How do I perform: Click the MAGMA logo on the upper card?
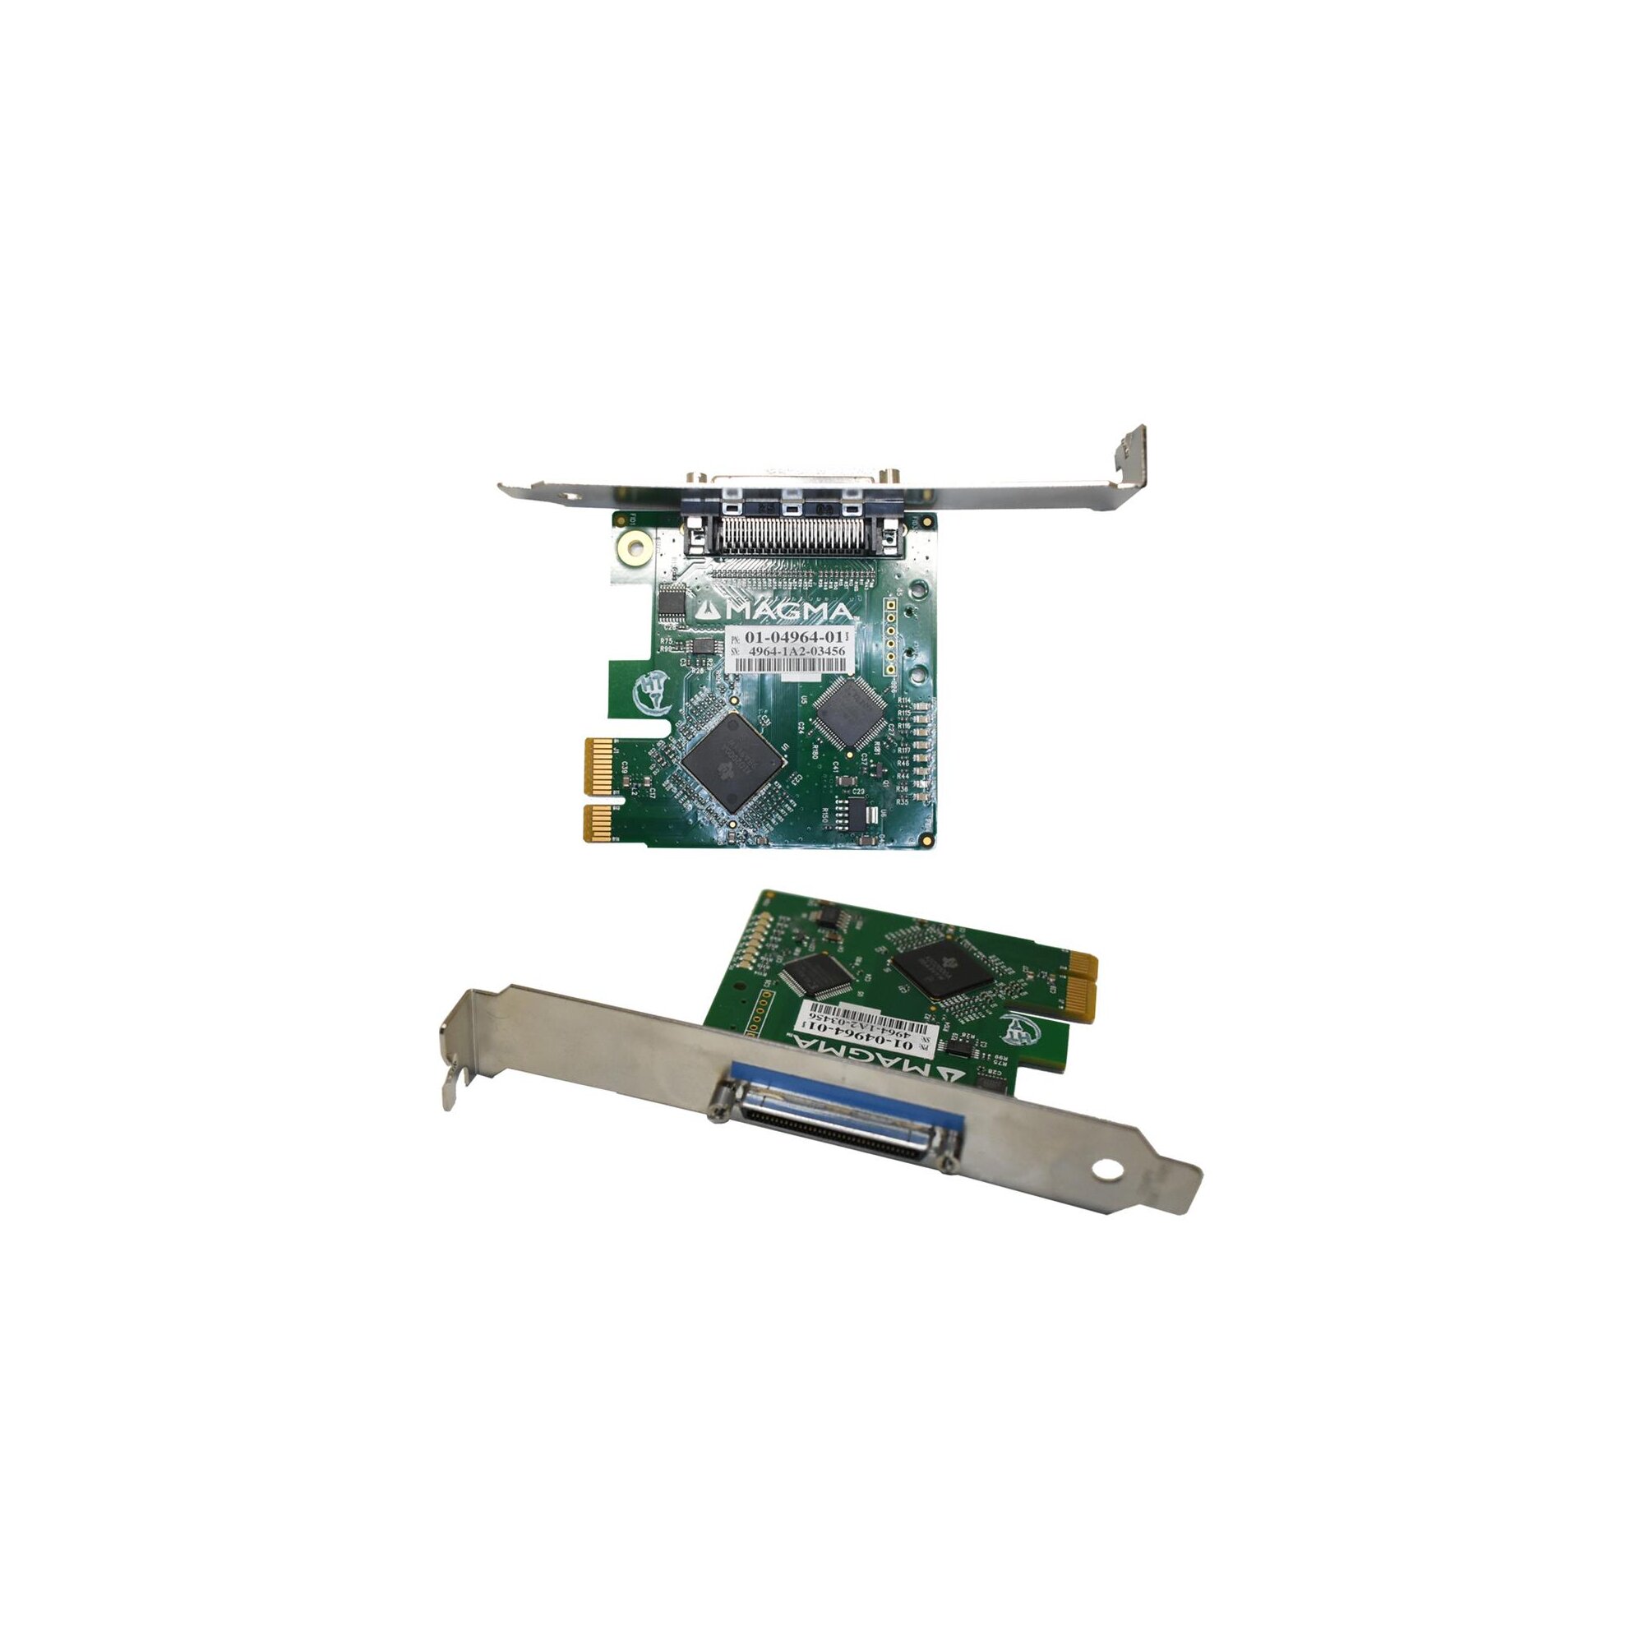(773, 611)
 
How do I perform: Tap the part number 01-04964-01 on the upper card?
(793, 636)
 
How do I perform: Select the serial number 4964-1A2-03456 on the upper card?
(796, 651)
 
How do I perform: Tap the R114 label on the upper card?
(903, 700)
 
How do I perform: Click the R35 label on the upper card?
(902, 801)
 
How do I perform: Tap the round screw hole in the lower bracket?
(1107, 1171)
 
